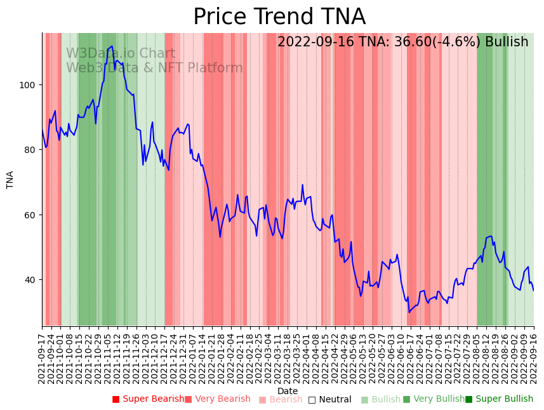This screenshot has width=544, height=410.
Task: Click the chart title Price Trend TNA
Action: coord(279,17)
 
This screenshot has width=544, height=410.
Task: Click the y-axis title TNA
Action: coord(10,180)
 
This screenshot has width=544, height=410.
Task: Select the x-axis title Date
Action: coord(288,391)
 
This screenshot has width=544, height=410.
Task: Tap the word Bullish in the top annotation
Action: coord(507,43)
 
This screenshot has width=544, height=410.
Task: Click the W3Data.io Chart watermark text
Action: coord(121,54)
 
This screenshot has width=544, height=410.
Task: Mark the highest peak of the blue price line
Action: coord(112,46)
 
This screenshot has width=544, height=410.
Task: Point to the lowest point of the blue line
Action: coord(409,312)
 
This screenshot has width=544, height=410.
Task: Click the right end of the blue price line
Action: coord(533,290)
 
